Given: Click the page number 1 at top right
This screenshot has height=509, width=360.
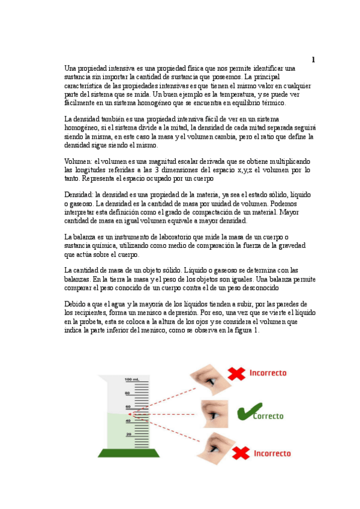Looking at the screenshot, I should tap(313, 59).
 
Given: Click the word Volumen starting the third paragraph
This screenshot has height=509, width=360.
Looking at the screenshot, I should tap(78, 161).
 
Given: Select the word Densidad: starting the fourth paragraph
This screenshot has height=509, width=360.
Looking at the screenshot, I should tap(79, 195).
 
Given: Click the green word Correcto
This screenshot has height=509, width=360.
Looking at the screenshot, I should tap(268, 415).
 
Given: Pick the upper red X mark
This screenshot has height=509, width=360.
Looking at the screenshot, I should tap(238, 374).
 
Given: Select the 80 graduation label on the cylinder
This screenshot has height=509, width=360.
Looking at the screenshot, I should tap(127, 393).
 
